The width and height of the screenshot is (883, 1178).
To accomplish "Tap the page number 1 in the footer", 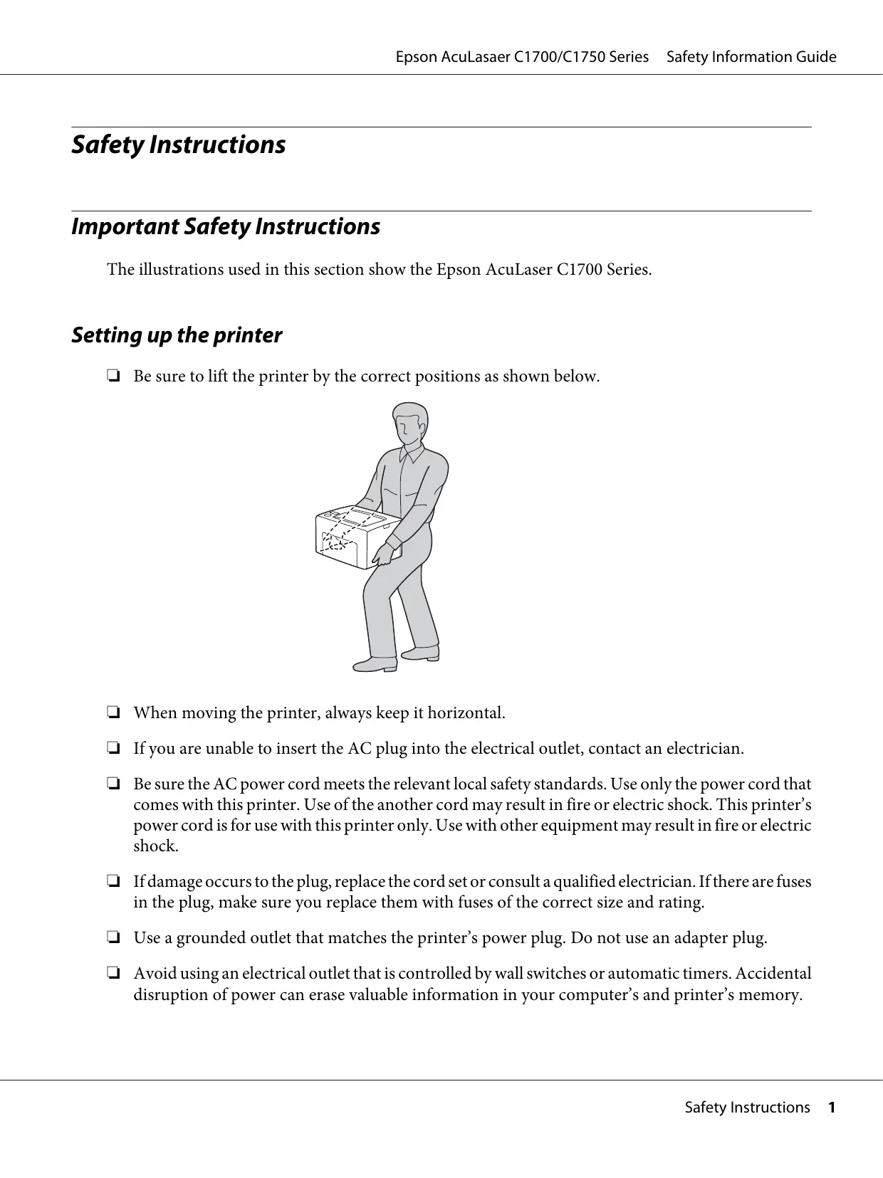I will click(x=830, y=1108).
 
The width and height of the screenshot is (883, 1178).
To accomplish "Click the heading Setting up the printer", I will click(x=177, y=335).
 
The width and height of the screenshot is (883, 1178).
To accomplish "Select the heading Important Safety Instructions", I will click(x=226, y=227).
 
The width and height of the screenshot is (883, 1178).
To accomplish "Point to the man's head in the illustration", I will click(x=409, y=424).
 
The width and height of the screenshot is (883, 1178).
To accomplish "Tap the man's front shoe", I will click(x=376, y=664).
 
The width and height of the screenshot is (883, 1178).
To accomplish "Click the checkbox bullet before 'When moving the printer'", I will click(x=113, y=712).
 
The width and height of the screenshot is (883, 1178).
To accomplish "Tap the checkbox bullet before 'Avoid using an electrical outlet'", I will click(x=113, y=974).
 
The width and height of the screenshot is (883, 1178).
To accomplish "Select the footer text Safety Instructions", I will click(x=747, y=1108).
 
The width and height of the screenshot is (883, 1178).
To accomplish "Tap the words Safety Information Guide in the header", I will click(x=751, y=57).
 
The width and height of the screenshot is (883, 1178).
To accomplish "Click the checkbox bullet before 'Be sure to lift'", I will click(x=113, y=377).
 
